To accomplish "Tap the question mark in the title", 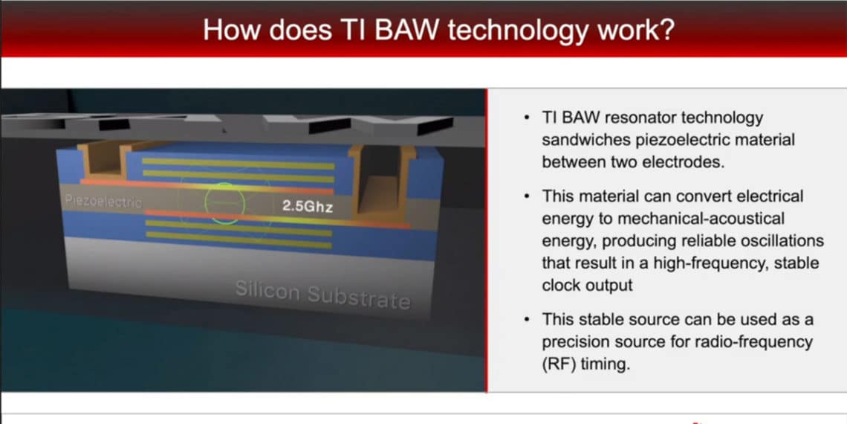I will (666, 30).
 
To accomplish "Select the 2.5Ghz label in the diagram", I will (307, 208).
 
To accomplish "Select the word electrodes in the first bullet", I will (685, 161).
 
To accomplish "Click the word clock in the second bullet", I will (561, 286).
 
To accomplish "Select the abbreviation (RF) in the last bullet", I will (558, 364).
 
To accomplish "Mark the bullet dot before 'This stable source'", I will (527, 319).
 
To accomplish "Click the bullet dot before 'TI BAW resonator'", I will (527, 118).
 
